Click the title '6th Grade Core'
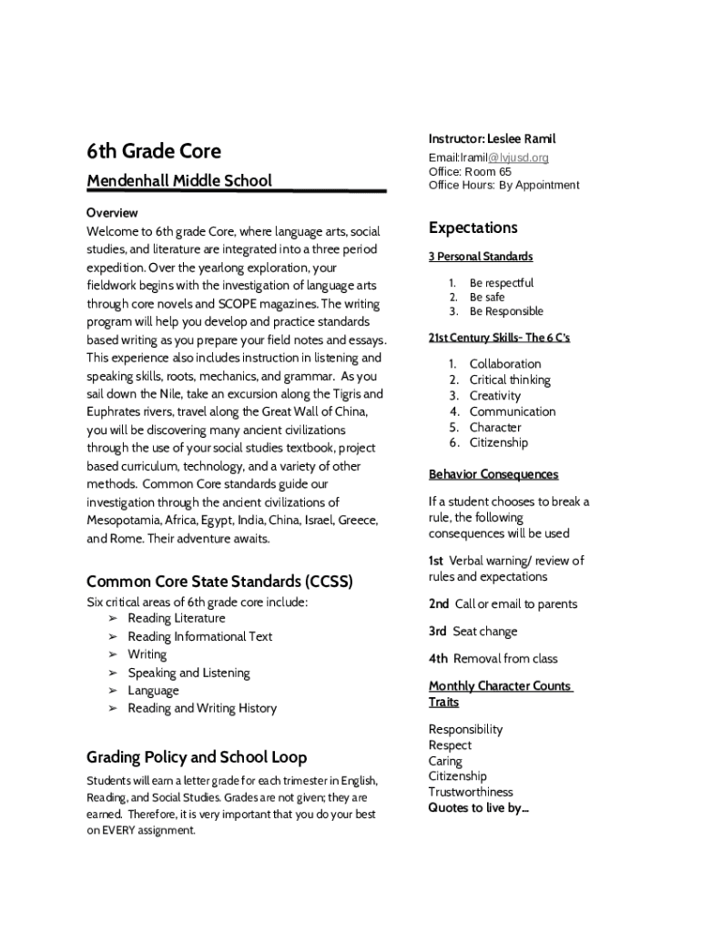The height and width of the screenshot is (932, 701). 153,150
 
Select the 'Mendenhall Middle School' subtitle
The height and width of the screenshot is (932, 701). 179,180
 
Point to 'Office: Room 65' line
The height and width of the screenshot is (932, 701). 470,171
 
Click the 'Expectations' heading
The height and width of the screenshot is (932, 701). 472,228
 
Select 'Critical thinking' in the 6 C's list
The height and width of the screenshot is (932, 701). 510,380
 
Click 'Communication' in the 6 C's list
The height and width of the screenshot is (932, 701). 512,411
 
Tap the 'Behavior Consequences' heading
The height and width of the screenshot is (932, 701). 493,474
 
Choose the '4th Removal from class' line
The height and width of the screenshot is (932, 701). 493,658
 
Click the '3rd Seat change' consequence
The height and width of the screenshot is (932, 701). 472,631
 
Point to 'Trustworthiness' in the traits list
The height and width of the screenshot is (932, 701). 471,792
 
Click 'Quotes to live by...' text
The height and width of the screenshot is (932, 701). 478,807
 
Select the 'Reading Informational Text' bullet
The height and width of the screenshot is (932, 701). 199,636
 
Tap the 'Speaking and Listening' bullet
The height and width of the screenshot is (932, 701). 188,673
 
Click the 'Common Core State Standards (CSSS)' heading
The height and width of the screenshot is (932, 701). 219,581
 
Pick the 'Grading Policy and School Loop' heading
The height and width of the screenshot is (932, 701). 197,757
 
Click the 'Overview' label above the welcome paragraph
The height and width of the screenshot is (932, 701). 112,212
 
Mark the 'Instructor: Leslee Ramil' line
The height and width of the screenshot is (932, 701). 492,138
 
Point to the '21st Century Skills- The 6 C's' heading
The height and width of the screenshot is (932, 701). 499,338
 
